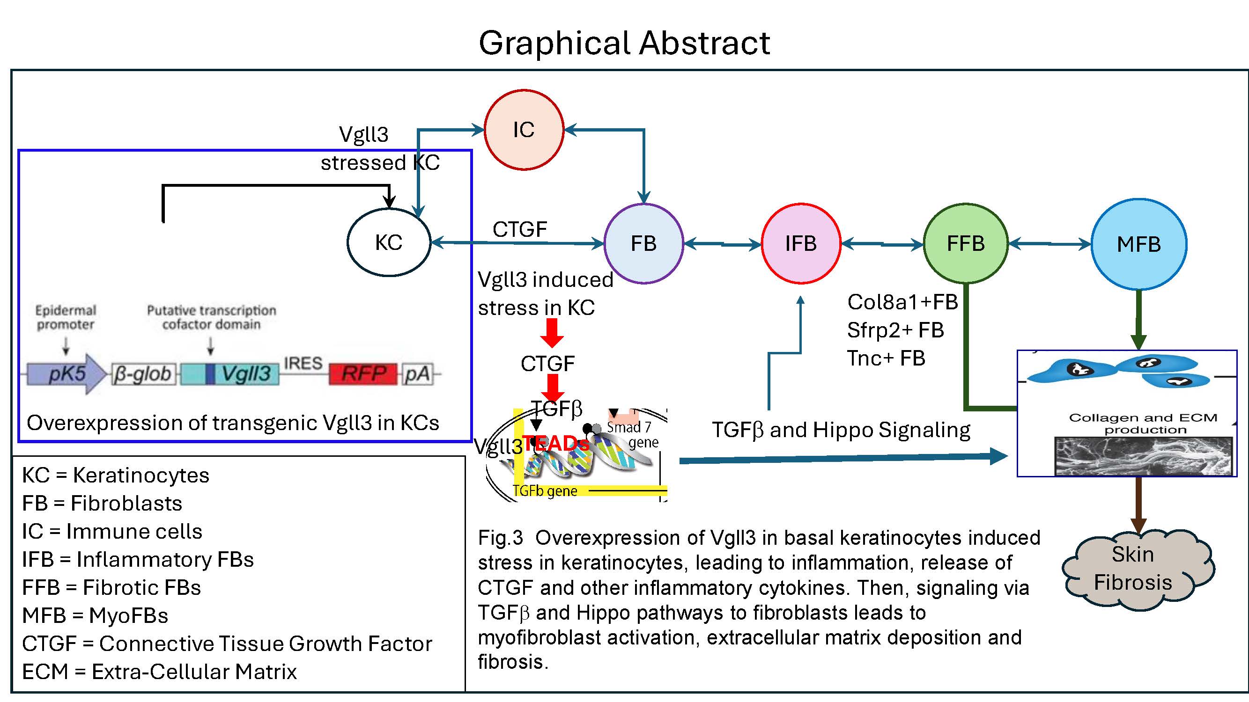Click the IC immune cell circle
point(524,130)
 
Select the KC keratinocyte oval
point(389,242)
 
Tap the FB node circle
point(643,243)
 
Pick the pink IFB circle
point(800,243)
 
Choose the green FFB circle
point(965,243)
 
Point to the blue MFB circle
point(1138,244)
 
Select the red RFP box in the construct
point(363,373)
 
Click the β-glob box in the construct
point(143,374)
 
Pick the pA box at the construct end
point(417,374)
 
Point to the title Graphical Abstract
point(624,43)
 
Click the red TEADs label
point(555,443)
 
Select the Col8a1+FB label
point(902,302)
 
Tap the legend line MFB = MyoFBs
point(95,615)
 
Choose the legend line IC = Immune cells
point(112,532)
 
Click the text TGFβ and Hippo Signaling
point(841,430)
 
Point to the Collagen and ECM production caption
point(1143,424)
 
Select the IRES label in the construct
point(303,363)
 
